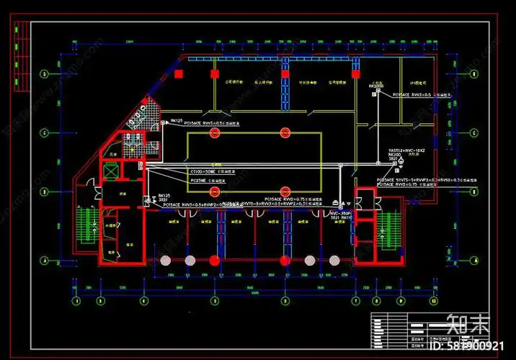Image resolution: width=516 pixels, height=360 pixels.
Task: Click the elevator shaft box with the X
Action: [110, 171]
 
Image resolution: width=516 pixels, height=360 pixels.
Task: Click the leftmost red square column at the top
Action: [178, 73]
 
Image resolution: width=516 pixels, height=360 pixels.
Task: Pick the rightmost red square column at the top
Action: [355, 73]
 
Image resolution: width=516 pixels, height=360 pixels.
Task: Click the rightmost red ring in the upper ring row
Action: [285, 132]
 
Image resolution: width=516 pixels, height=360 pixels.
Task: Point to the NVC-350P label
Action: [339, 213]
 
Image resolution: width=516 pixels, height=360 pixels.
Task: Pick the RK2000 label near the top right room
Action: [377, 86]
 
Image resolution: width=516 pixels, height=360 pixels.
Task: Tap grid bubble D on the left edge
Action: [45, 73]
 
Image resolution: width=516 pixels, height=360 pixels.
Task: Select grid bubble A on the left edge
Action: [45, 260]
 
